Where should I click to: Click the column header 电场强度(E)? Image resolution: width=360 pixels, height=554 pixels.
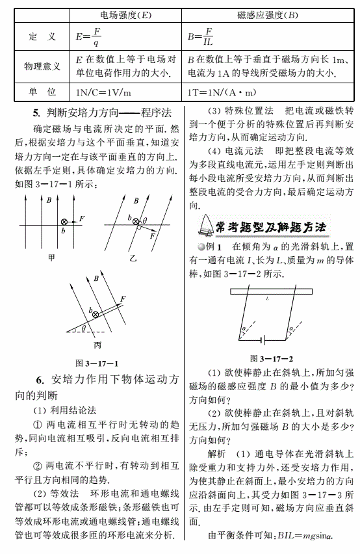coord(125,15)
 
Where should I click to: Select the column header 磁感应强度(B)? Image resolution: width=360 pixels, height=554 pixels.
coord(268,15)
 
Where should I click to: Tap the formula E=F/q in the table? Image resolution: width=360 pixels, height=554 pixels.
coord(88,36)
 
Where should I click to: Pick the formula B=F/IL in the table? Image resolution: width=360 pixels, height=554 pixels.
coord(200,36)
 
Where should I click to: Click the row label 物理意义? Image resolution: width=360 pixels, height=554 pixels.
coord(42,66)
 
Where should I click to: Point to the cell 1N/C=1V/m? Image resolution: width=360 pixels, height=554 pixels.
coord(103,93)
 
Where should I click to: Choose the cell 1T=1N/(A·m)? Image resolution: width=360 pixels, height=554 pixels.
coord(222,92)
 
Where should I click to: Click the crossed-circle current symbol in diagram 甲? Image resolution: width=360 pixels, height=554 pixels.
coord(64,222)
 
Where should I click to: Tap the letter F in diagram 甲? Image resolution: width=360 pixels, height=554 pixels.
coord(82,218)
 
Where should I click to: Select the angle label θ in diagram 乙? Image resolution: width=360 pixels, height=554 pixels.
coord(145,220)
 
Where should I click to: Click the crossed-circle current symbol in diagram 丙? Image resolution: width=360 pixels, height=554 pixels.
coord(96,314)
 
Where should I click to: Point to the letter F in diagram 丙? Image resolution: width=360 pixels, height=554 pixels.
coord(123,299)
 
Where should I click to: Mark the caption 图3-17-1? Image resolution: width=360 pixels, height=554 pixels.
coord(97,363)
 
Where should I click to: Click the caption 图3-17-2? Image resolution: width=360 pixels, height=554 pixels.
coord(272,359)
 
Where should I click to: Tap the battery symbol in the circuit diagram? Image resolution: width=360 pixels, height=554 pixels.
coord(263,340)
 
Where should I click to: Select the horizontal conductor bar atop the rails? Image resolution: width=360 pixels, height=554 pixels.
coord(271,291)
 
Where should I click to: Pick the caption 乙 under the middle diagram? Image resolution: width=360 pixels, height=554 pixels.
coord(133,259)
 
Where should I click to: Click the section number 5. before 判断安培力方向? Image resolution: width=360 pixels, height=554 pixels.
coord(36,113)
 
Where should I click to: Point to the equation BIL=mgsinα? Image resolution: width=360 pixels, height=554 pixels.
coord(305,536)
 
